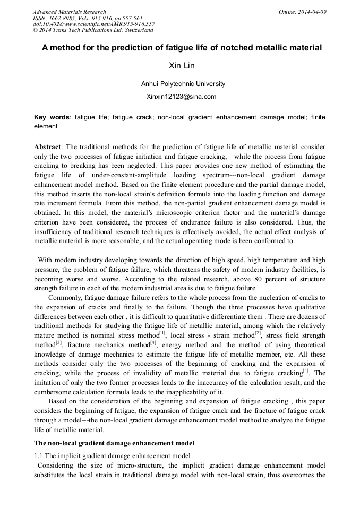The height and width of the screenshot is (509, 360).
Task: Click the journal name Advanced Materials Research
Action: (x=70, y=12)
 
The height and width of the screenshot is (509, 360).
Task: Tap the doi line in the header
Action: (x=94, y=24)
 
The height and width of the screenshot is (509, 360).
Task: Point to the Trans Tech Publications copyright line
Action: (x=93, y=30)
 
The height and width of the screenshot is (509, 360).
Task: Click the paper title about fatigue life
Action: (x=182, y=48)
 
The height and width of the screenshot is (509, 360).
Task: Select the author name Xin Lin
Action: (x=182, y=66)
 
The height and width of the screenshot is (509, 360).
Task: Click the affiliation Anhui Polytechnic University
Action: (x=183, y=84)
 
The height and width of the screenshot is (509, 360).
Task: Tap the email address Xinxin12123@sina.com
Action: (x=181, y=97)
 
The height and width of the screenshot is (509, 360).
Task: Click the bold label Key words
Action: (x=52, y=117)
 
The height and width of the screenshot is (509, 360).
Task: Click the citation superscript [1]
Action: (x=162, y=333)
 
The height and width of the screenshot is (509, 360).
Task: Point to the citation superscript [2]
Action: (x=258, y=333)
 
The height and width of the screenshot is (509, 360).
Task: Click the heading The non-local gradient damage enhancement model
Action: (x=114, y=443)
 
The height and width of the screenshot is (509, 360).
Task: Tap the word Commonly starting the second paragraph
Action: (x=67, y=298)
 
